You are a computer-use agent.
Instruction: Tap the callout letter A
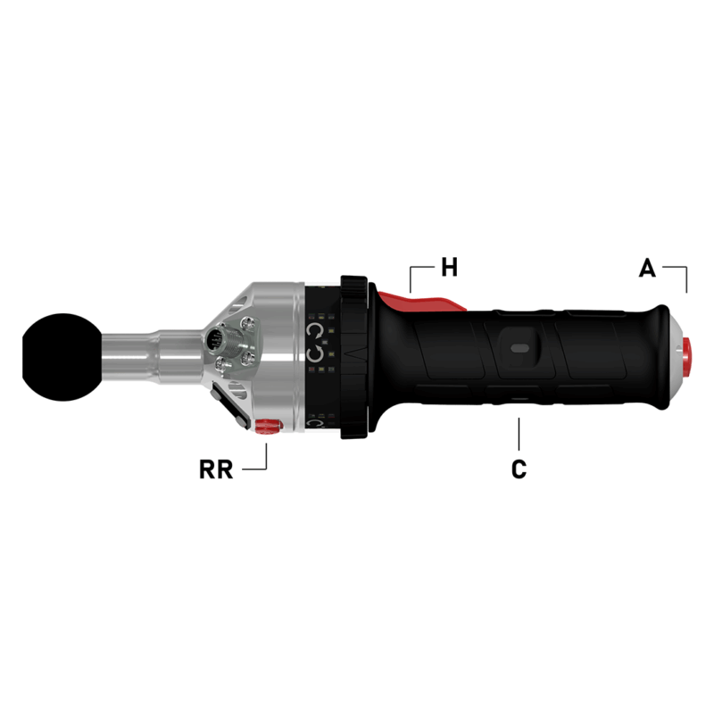648,267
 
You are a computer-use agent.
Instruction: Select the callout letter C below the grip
519,469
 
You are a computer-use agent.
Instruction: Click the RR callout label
216,469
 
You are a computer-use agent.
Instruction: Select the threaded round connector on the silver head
216,340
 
